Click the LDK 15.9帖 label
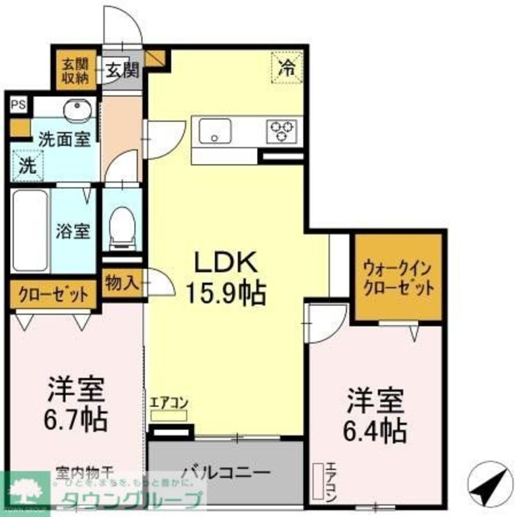225,279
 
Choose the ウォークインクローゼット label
398,278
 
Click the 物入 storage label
122,283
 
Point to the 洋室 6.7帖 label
78,404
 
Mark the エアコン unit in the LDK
169,415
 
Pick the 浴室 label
73,231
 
